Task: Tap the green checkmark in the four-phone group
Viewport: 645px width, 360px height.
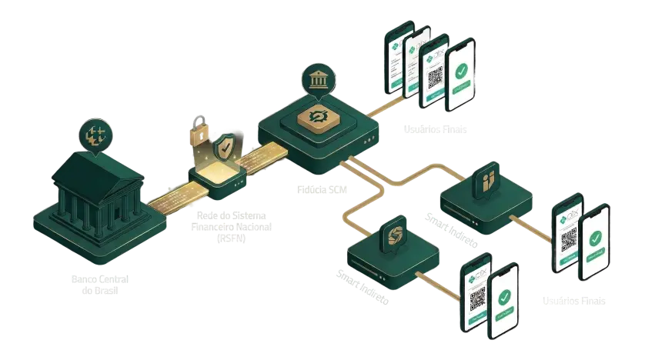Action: tap(462, 74)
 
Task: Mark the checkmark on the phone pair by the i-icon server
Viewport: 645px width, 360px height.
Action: tap(595, 241)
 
